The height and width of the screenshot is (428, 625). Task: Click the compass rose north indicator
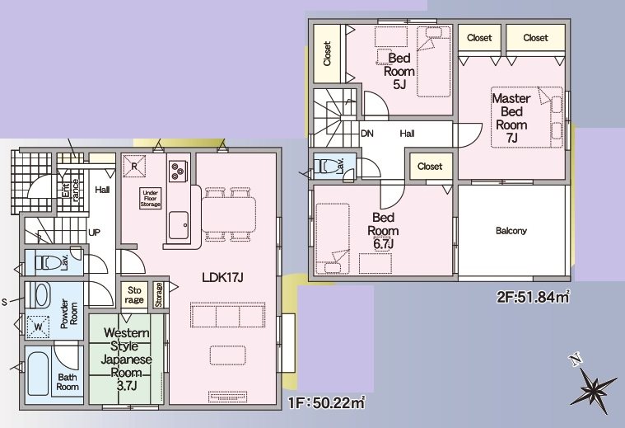click(x=592, y=385)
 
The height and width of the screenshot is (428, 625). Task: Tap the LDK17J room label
click(x=222, y=277)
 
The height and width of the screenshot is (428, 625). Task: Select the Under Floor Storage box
click(x=150, y=199)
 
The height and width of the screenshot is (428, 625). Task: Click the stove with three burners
click(x=176, y=172)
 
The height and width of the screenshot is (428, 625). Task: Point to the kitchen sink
click(x=179, y=225)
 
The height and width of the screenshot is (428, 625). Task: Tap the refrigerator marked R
click(x=134, y=166)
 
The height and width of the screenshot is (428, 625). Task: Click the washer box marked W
click(x=38, y=327)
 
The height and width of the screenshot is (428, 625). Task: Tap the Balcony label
click(x=511, y=231)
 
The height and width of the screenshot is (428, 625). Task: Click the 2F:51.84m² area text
click(x=533, y=298)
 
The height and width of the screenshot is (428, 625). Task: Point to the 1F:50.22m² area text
click(x=327, y=402)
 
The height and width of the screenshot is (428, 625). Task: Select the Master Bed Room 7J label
click(x=511, y=118)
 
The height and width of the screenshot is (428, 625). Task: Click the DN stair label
click(x=367, y=134)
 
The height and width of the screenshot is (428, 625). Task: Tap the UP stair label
click(x=94, y=232)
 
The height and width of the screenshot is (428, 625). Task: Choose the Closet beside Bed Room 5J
click(x=327, y=54)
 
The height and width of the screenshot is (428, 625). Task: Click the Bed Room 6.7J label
click(x=383, y=231)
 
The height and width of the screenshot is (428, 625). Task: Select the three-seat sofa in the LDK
click(x=227, y=315)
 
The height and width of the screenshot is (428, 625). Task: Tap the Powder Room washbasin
click(x=38, y=295)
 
